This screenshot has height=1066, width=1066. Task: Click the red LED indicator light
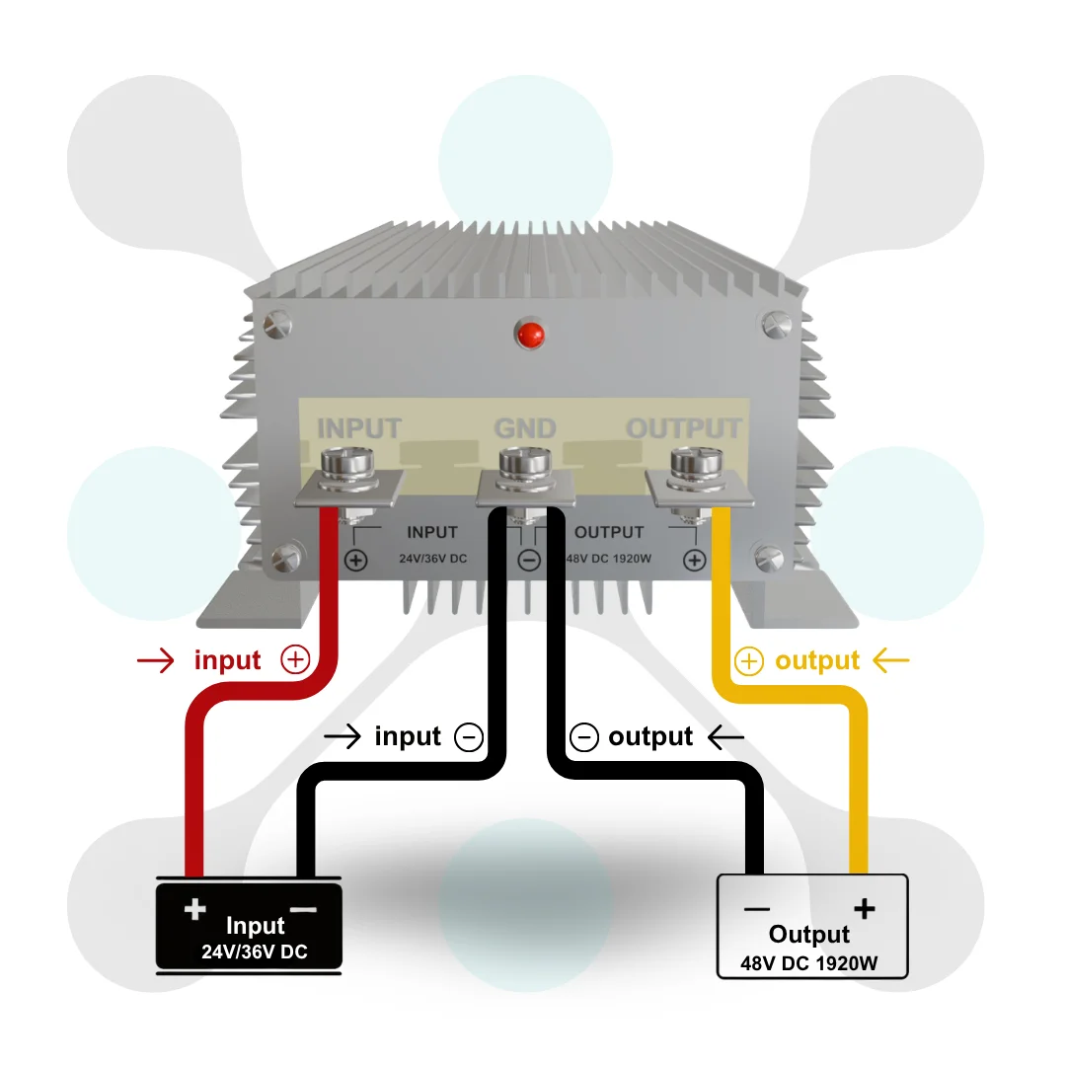click(530, 335)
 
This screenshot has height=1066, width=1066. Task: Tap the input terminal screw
click(346, 468)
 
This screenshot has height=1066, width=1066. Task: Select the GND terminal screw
click(525, 468)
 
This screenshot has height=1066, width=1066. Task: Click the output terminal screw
click(696, 468)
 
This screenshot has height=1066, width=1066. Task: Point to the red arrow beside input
click(156, 660)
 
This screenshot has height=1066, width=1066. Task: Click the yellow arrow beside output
click(890, 659)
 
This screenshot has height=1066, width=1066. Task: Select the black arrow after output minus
click(725, 736)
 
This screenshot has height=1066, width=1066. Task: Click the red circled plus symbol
click(296, 659)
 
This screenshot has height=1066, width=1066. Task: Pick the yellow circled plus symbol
click(748, 661)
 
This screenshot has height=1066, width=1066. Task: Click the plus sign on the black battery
click(195, 909)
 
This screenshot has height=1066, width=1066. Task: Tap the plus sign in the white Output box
click(864, 908)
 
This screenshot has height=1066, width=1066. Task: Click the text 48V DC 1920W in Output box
click(809, 963)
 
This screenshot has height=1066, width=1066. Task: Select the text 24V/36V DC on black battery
click(255, 952)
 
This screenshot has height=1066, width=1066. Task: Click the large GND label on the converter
click(525, 428)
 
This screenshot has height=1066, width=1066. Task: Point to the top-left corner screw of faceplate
click(277, 324)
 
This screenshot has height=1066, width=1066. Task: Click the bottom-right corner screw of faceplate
click(769, 558)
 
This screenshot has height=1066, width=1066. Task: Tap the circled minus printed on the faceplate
click(530, 561)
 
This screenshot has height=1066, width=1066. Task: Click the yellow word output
click(817, 660)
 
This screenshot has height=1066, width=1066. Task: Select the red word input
click(227, 660)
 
